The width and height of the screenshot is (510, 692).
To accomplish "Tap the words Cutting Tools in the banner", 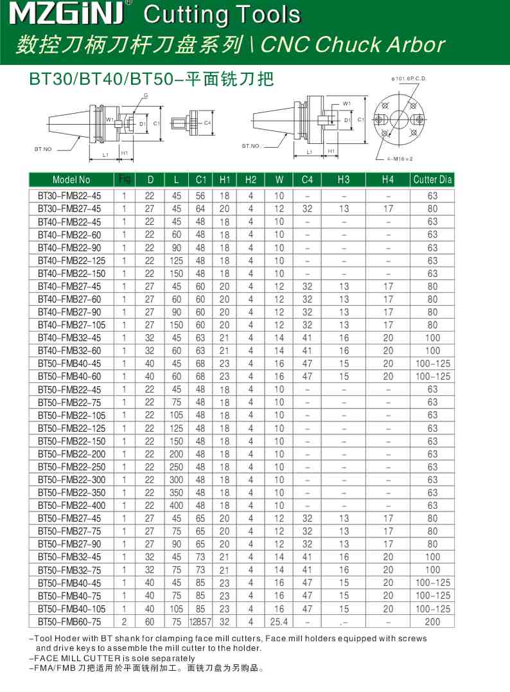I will (222, 15).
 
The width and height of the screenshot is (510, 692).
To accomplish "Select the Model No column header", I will (71, 180).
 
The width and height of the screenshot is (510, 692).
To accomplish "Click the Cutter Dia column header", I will (432, 180).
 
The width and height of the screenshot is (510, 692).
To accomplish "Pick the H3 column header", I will (344, 180).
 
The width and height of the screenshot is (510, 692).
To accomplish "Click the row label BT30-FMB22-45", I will (69, 195).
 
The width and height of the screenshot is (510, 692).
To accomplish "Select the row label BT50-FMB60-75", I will (69, 621).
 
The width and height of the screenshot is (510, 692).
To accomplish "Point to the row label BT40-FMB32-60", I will (69, 350).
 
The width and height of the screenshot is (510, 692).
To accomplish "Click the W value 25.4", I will (279, 621).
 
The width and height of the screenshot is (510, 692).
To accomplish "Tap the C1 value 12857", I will (200, 621).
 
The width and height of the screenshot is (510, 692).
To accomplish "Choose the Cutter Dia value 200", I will (432, 621).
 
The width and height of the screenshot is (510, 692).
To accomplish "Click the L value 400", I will (176, 506).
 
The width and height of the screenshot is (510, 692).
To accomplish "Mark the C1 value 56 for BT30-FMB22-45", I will (200, 195).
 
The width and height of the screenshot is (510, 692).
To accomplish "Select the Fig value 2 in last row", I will (125, 621).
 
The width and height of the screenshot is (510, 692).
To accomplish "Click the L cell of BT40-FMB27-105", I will (176, 324).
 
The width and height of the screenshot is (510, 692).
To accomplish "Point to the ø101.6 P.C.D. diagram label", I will (409, 78).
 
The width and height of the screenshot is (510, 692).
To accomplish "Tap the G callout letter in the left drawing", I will (146, 95).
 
